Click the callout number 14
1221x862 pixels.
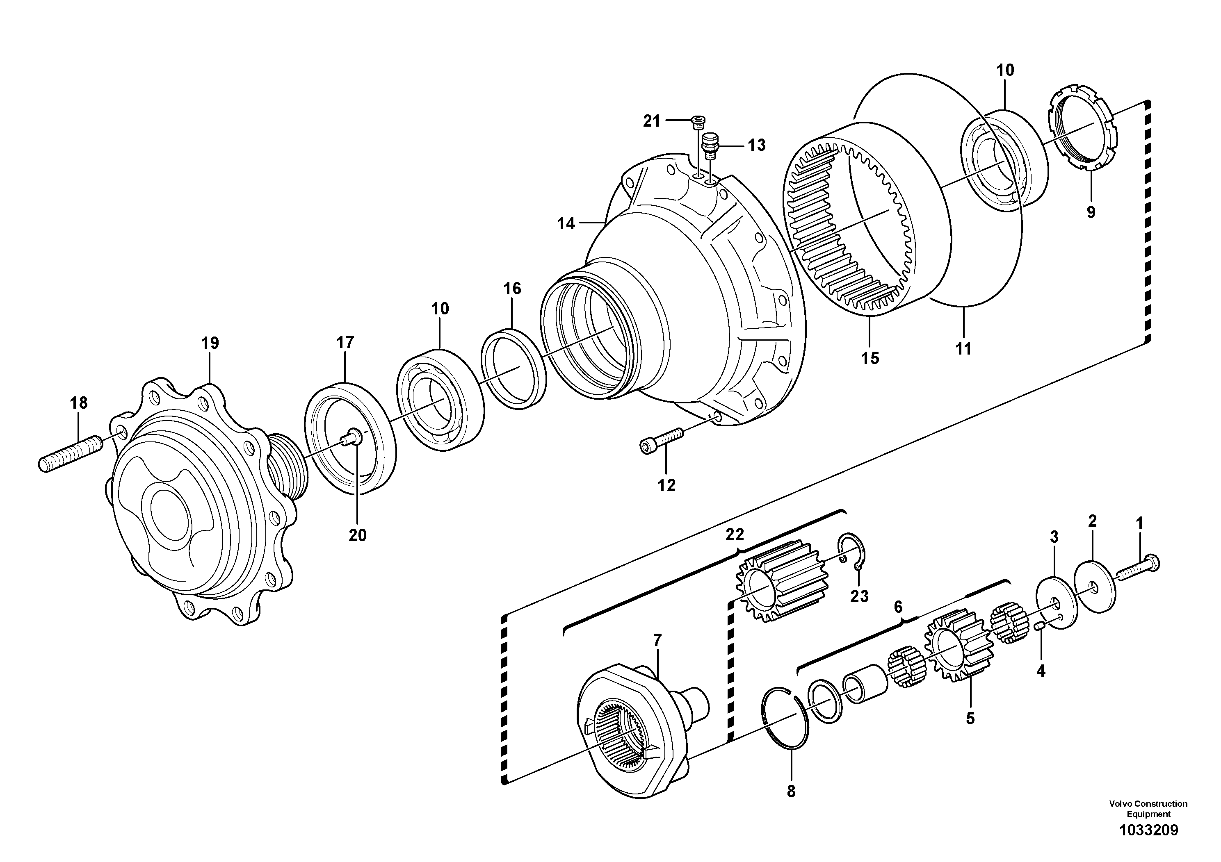[566, 224]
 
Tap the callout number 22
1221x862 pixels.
[735, 534]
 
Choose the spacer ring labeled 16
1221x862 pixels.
[514, 369]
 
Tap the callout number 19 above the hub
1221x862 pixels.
[210, 343]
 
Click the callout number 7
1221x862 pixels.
[657, 640]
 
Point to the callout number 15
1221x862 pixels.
[870, 358]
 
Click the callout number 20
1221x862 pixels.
[357, 534]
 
